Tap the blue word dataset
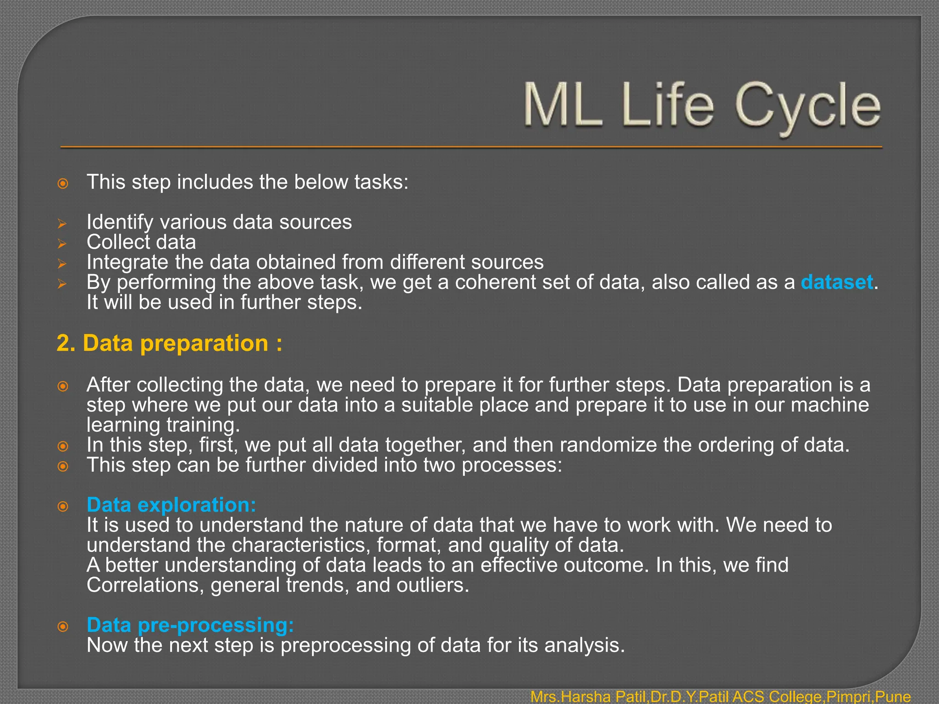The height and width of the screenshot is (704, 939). (836, 282)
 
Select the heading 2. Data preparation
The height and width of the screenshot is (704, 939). (169, 343)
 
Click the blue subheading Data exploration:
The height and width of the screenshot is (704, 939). (171, 505)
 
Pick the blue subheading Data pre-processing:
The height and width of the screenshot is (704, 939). (190, 625)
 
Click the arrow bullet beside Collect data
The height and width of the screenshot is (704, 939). (62, 244)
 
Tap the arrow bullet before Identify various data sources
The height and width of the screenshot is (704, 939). (62, 224)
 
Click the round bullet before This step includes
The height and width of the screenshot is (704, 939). (63, 184)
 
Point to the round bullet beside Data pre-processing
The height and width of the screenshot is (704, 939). (63, 627)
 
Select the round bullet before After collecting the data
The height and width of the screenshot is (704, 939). (63, 386)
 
